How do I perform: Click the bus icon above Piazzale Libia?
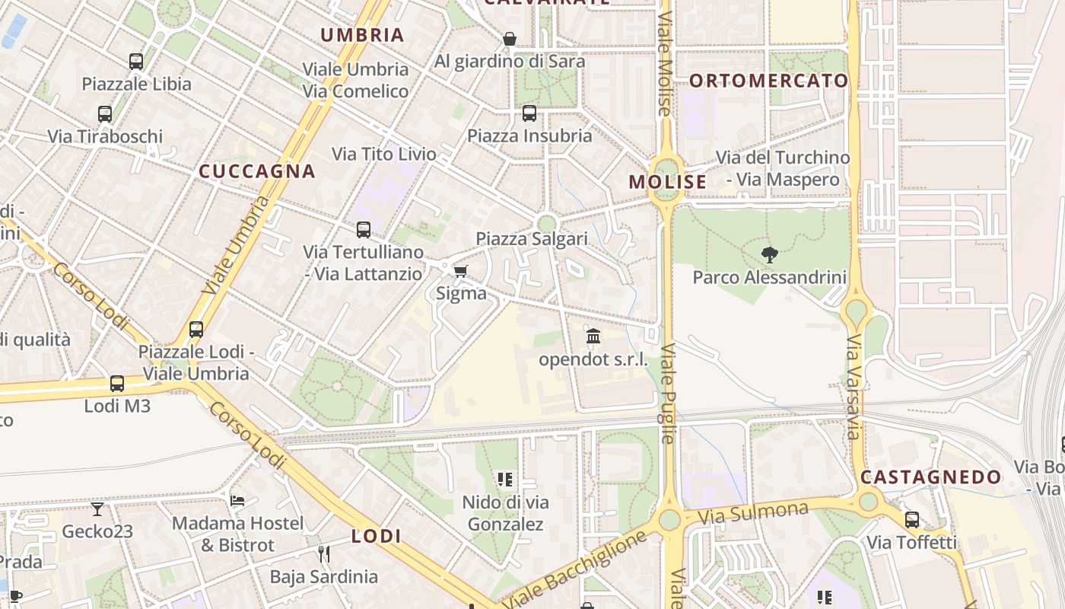pos(136,62)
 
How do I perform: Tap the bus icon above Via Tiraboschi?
pos(105,114)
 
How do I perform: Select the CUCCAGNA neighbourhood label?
pos(257,171)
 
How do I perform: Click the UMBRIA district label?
pos(362,35)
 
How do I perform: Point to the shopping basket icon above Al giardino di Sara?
pos(510,38)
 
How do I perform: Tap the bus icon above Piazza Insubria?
pos(529,113)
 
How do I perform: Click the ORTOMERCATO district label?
pos(768,81)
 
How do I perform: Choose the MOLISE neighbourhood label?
pos(668,182)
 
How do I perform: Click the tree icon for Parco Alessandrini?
pos(770,255)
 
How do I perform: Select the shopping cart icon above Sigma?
pos(460,271)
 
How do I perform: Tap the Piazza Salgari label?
pos(532,239)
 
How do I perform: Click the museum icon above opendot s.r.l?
pos(593,336)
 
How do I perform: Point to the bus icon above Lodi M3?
pos(117,384)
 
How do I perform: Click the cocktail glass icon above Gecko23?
pos(97,509)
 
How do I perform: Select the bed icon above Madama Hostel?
pos(237,500)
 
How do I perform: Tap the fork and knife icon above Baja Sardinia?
pos(324,553)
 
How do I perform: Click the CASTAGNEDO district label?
pos(931,477)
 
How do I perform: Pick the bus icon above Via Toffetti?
pos(911,520)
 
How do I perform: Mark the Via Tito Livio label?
pos(384,155)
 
